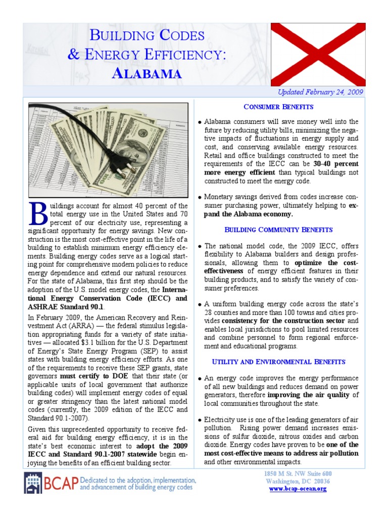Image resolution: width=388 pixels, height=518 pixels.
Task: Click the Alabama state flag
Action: click(318, 55)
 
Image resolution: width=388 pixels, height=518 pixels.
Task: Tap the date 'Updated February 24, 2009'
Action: click(320, 93)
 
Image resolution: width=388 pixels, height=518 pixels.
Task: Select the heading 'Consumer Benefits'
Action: click(278, 107)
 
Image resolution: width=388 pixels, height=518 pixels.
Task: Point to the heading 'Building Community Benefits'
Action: click(278, 230)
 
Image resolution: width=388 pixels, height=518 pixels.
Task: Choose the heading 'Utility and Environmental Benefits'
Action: click(278, 362)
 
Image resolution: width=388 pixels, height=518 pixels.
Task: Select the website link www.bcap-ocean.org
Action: click(298, 489)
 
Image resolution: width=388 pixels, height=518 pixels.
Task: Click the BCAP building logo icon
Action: click(33, 483)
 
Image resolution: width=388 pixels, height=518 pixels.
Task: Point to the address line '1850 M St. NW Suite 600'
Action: click(298, 473)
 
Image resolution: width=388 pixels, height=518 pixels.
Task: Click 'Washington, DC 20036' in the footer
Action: click(298, 481)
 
